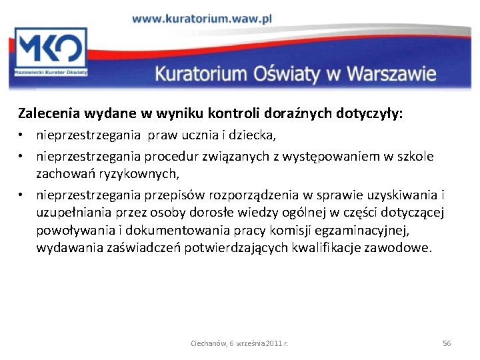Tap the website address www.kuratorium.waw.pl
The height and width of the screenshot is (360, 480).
(202, 19)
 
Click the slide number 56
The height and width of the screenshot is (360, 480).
(447, 343)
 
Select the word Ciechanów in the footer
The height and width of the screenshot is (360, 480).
(208, 343)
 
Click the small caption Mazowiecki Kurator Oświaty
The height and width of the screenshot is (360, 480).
(51, 71)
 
